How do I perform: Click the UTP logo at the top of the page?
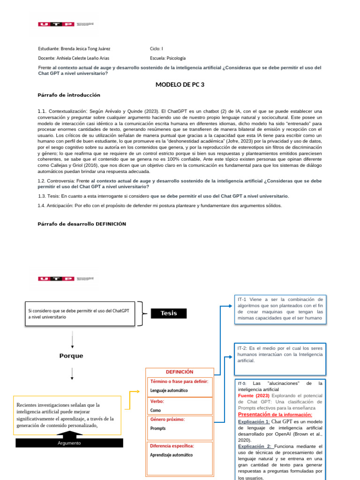click(x=56, y=24)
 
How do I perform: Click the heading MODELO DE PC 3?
click(x=180, y=84)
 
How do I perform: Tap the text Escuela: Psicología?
click(x=168, y=58)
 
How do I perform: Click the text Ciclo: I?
click(x=157, y=49)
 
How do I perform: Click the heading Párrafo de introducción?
click(x=69, y=95)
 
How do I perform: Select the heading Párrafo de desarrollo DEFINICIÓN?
click(x=82, y=224)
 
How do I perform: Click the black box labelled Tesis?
click(x=168, y=313)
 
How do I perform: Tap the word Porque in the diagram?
click(x=71, y=356)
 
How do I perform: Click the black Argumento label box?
click(x=69, y=442)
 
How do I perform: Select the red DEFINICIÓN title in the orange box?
click(x=180, y=372)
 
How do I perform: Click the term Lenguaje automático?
click(x=169, y=390)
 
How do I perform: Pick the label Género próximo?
click(x=167, y=419)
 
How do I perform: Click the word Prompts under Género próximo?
click(x=157, y=428)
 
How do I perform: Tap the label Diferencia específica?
click(x=172, y=446)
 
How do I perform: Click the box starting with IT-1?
click(x=280, y=308)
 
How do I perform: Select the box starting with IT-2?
click(x=280, y=355)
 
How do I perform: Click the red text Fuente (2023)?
click(x=253, y=396)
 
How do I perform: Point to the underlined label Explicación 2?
click(x=255, y=446)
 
